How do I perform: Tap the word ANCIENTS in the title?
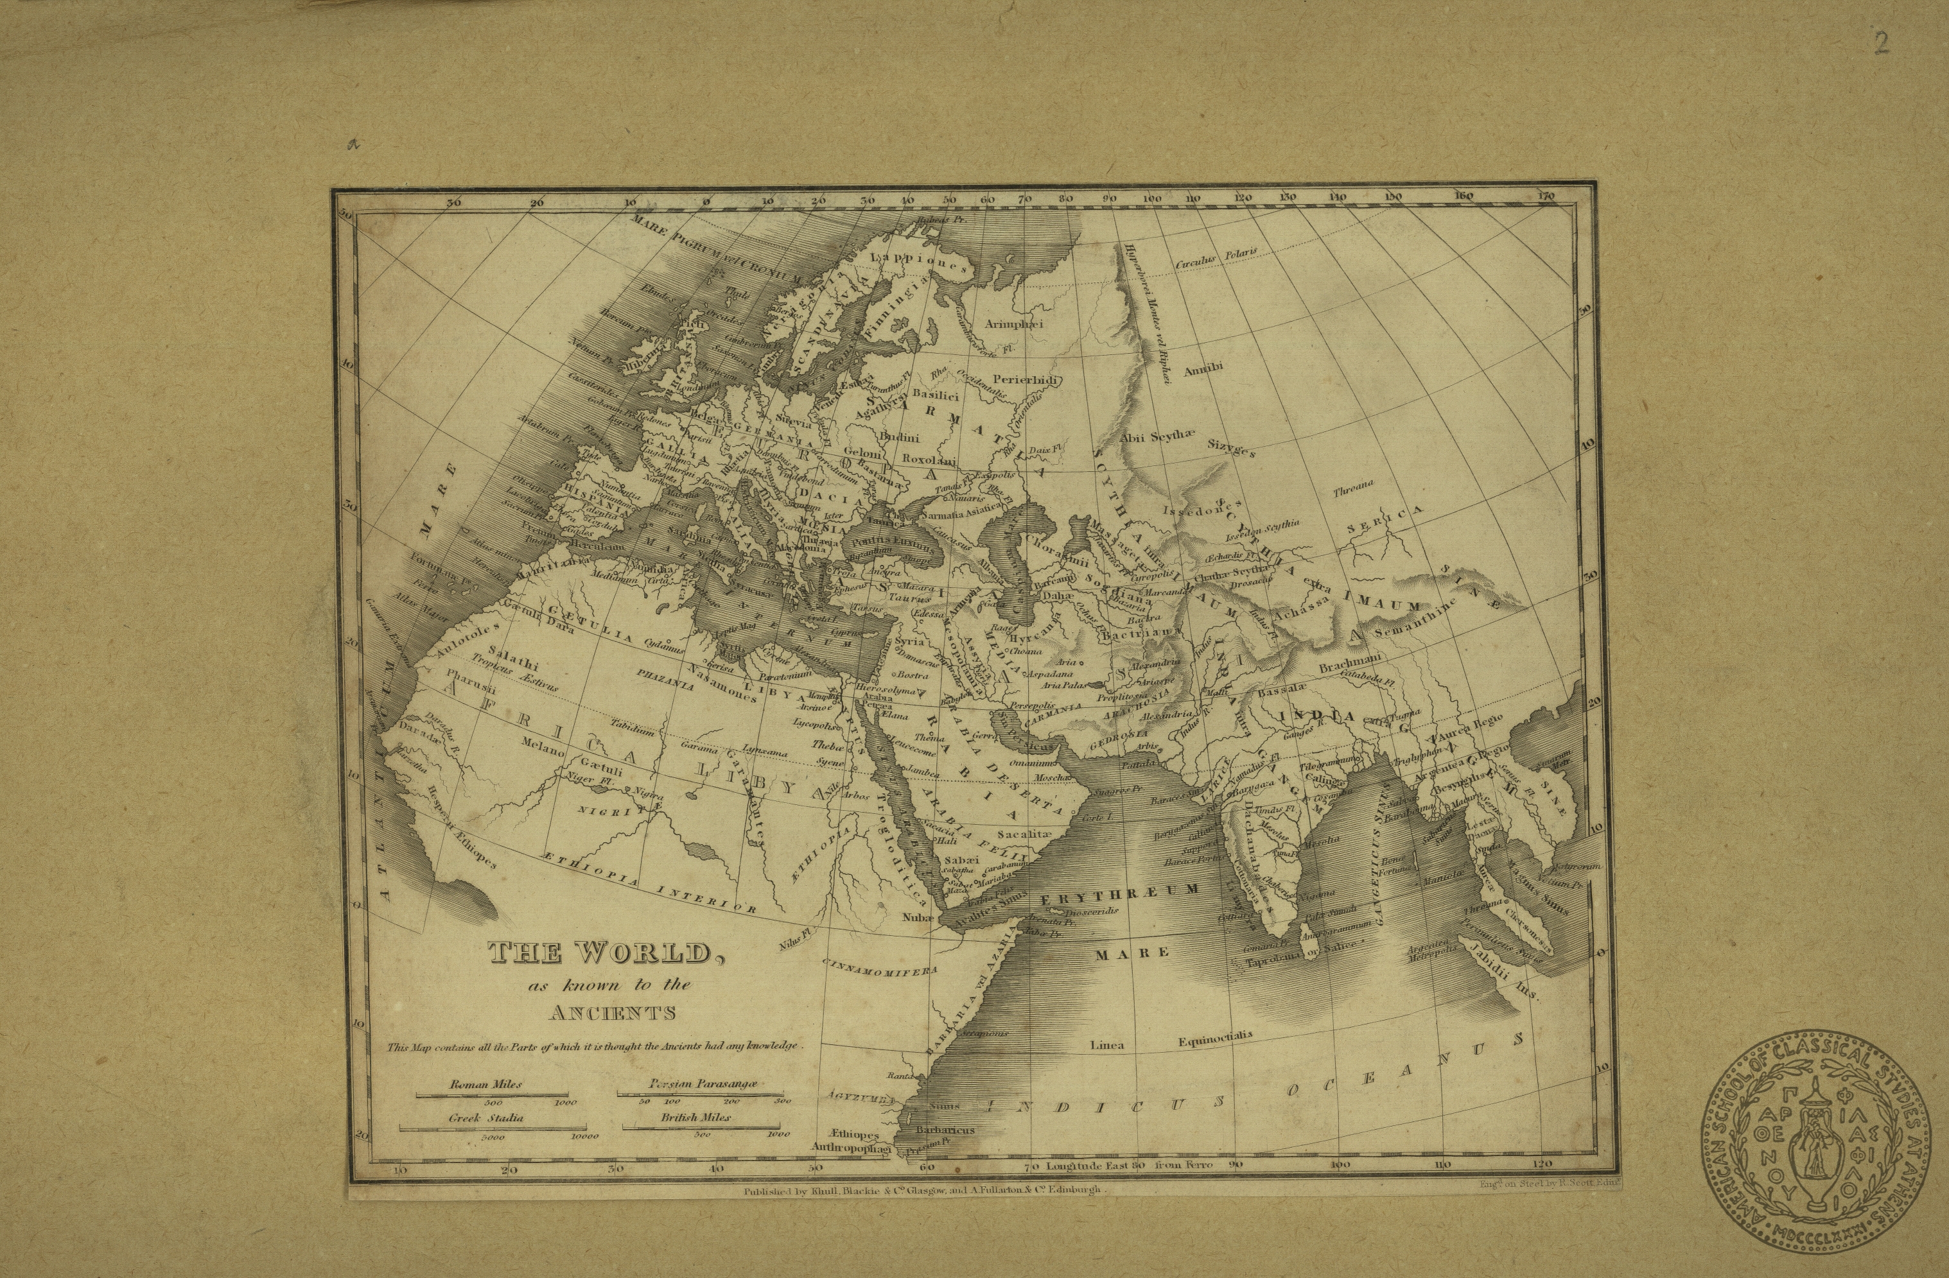613,1014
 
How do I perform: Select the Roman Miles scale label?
485,1084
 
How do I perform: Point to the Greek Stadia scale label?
485,1118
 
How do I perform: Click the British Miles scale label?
696,1118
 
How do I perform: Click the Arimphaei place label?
1015,324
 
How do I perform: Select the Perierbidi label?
1026,380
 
